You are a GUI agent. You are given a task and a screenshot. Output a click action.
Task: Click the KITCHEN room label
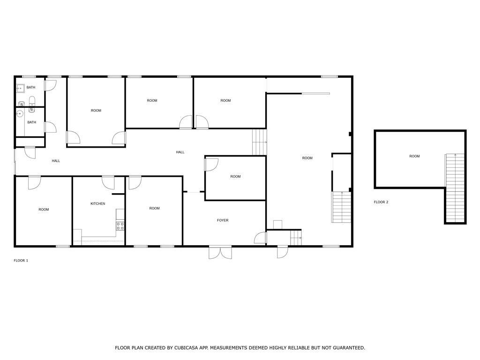[97, 203]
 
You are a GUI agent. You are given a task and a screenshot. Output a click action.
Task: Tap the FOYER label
[223, 220]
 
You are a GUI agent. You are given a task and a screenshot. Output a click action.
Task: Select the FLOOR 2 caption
[381, 202]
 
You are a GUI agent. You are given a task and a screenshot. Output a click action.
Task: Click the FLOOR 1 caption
[21, 261]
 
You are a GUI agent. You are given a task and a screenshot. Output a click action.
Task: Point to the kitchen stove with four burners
[120, 226]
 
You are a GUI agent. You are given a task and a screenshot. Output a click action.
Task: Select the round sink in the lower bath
[20, 114]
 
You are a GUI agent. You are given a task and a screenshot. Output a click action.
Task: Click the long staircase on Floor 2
[455, 187]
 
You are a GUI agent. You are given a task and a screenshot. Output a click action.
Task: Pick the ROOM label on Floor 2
[414, 156]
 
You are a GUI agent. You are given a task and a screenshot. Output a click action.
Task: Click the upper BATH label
[31, 87]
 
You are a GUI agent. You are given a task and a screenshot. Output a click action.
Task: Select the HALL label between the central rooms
[180, 152]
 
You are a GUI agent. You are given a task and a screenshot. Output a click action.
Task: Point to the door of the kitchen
[108, 183]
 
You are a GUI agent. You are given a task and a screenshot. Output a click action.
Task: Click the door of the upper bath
[51, 85]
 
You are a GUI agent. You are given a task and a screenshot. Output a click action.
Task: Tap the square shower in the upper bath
[20, 88]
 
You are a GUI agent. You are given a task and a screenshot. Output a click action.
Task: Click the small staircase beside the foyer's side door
[296, 238]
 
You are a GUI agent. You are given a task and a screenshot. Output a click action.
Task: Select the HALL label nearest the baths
[56, 161]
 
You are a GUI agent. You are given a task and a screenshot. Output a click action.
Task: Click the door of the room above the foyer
[211, 164]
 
